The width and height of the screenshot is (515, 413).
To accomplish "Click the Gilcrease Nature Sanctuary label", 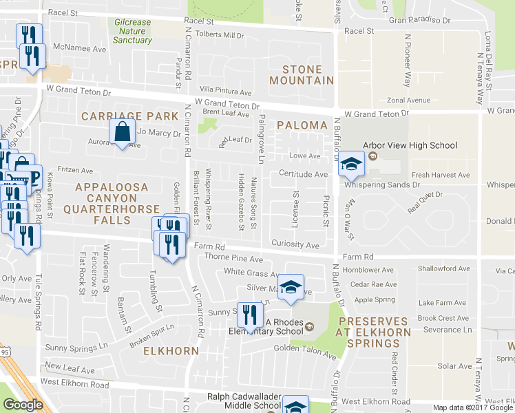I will point(132,31).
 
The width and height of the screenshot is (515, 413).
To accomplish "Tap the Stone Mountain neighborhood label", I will point(302,75).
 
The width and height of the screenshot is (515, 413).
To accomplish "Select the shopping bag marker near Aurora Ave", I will point(122,132).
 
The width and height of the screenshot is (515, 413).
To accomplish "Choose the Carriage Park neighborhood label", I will point(130,116).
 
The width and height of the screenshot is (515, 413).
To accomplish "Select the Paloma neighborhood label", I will point(302,125).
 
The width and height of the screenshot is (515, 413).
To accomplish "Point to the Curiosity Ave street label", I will point(295,245).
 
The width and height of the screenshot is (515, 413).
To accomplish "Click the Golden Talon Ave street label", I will point(305,356).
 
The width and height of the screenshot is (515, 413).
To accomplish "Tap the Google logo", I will point(23,405).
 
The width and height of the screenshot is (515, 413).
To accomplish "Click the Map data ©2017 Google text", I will point(472,407).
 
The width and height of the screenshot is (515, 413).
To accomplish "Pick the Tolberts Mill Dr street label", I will point(220,35).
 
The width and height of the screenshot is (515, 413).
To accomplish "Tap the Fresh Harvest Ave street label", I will point(441,176).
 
